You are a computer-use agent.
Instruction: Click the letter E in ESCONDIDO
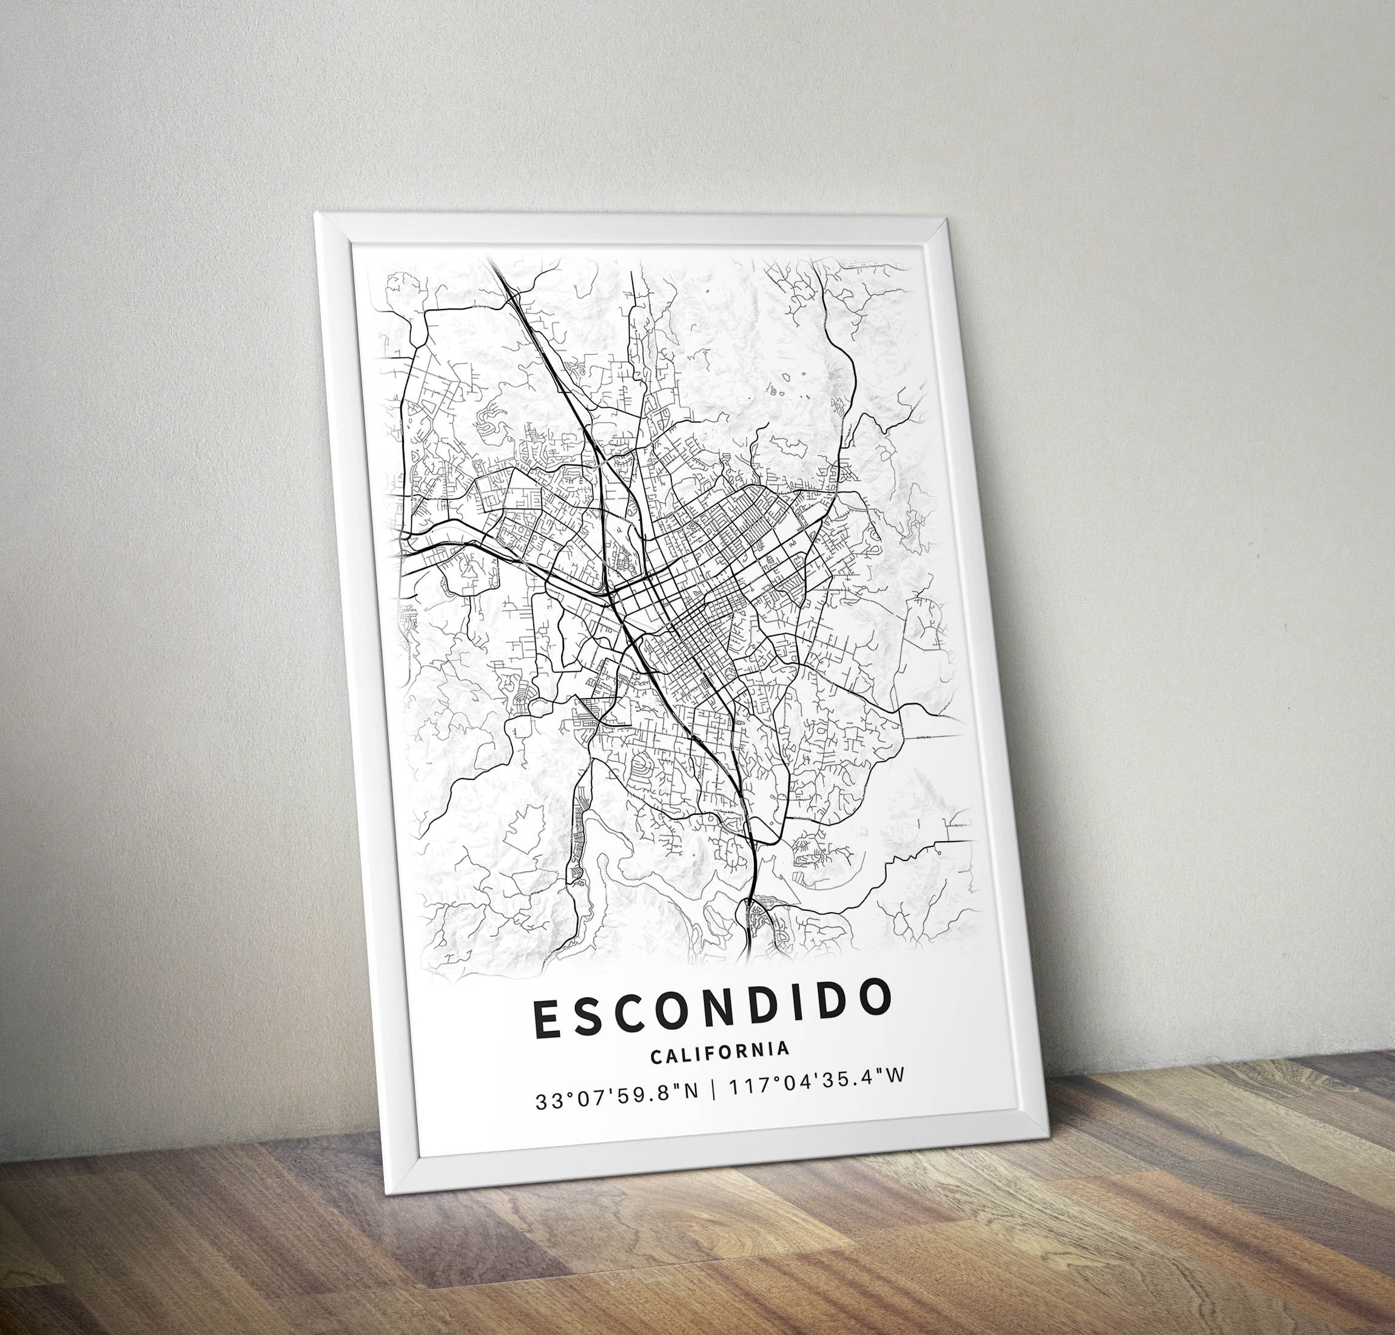pyautogui.click(x=548, y=1018)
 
